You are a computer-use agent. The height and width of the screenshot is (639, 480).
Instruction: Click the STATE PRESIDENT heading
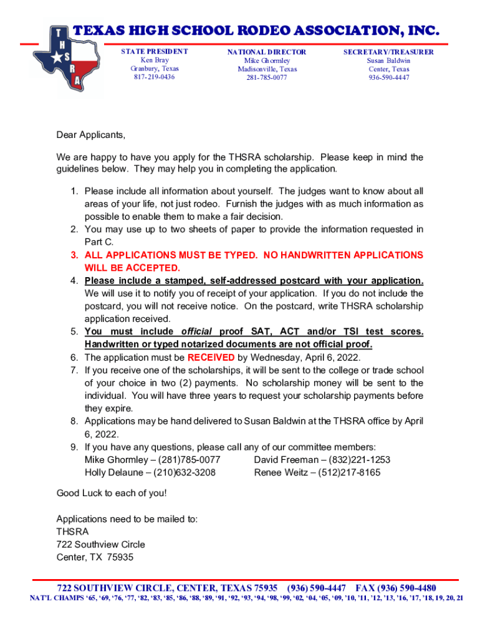pyautogui.click(x=154, y=52)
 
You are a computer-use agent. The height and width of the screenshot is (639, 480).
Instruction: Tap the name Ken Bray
pyautogui.click(x=154, y=61)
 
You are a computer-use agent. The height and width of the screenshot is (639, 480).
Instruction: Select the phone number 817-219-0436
pyautogui.click(x=154, y=77)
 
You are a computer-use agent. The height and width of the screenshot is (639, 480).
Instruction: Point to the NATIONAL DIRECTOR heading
pyautogui.click(x=267, y=52)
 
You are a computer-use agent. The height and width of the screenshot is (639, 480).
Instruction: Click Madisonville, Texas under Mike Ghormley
pyautogui.click(x=267, y=69)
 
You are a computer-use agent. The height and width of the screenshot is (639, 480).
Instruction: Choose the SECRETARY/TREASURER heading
pyautogui.click(x=388, y=52)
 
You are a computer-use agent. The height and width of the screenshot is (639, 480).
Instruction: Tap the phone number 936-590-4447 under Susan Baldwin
pyautogui.click(x=388, y=78)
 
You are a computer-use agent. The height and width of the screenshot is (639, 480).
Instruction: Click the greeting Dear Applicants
pyautogui.click(x=91, y=135)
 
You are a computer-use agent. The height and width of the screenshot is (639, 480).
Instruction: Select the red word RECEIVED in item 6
pyautogui.click(x=211, y=358)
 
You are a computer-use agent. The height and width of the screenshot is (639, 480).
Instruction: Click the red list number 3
pyautogui.click(x=74, y=255)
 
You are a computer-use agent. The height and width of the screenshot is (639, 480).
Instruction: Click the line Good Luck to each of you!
pyautogui.click(x=112, y=493)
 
